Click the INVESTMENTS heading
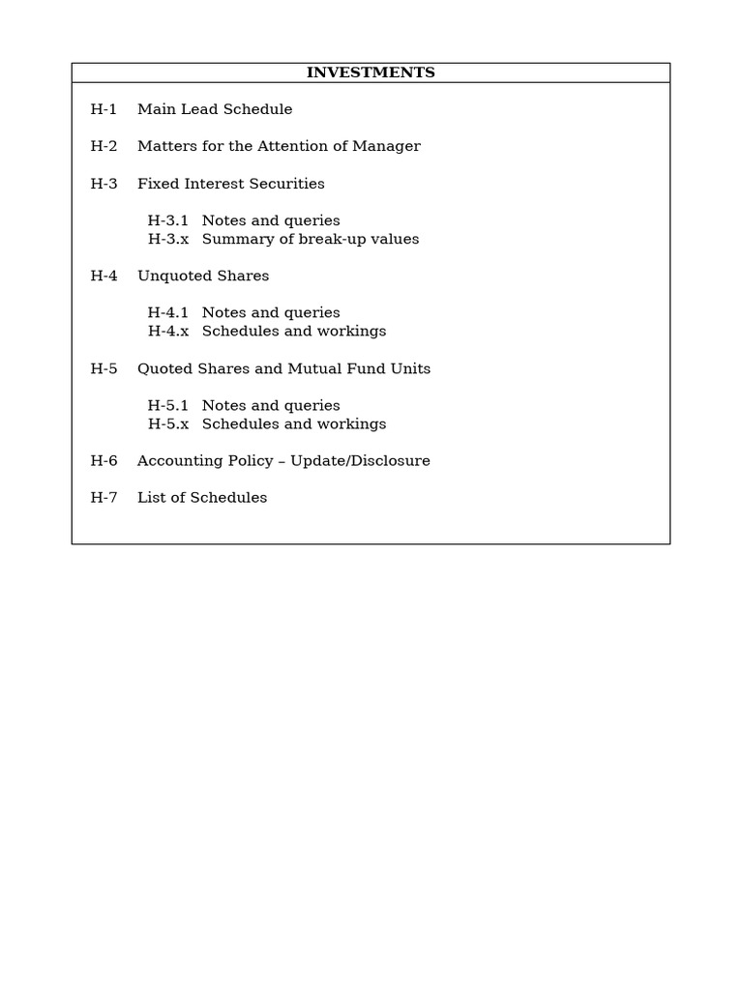371,73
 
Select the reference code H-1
104,109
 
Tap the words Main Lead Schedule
215,109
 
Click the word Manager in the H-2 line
387,146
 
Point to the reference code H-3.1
168,220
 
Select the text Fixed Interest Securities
231,184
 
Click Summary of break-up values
311,239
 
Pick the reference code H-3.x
168,239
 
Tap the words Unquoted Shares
203,276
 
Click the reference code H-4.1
168,312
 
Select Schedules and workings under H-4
294,331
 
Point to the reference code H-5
104,368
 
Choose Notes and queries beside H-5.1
271,405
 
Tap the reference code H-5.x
168,423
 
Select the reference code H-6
104,460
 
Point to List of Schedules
202,497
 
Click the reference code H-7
104,497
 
